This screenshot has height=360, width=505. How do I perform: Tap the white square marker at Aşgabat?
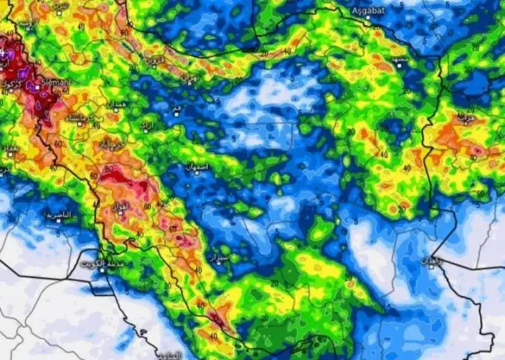tap(367, 17)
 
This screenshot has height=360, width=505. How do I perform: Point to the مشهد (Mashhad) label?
tap(400, 59)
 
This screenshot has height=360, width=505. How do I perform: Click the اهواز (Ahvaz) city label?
tap(120, 207)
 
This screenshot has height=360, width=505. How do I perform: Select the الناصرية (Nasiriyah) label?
tap(59, 215)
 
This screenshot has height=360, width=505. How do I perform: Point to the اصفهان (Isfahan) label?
tap(196, 167)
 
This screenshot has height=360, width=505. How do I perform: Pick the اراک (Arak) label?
tap(147, 125)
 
